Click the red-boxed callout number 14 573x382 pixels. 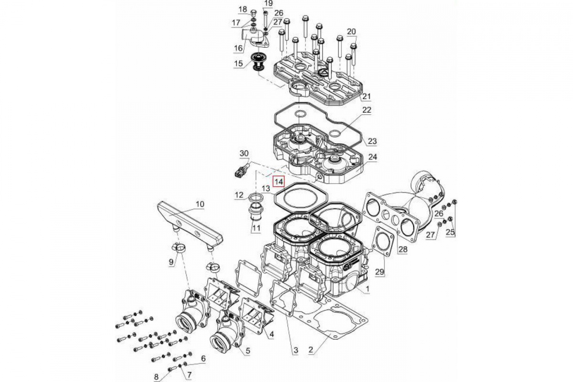tap(278, 181)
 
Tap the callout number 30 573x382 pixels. tap(244, 153)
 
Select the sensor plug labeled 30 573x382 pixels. tap(241, 170)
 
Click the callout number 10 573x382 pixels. tap(200, 204)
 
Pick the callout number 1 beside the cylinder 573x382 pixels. tap(367, 289)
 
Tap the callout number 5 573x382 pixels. tap(248, 351)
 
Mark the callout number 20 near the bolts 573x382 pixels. tap(351, 32)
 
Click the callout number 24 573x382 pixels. tap(372, 157)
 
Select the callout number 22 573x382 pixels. tap(366, 110)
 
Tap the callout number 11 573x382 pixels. tap(256, 228)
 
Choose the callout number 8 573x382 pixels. tap(156, 377)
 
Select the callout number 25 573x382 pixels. tap(450, 233)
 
